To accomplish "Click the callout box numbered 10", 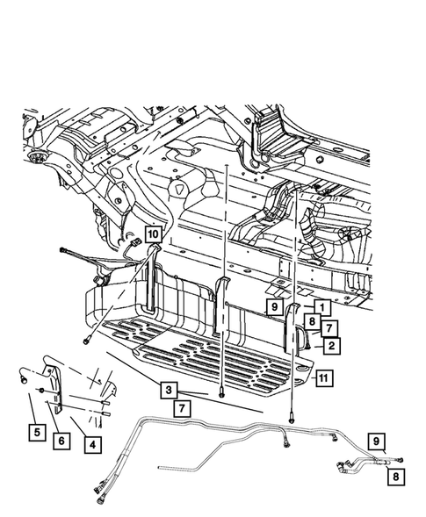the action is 153,234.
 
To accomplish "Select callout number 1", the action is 322,307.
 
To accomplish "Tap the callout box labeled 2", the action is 332,346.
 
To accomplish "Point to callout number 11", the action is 324,377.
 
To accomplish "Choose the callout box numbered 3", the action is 169,390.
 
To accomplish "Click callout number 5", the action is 37,432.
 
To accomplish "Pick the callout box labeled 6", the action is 61,441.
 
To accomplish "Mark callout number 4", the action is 93,445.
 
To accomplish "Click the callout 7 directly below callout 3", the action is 182,408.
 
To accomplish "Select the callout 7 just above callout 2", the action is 329,328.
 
